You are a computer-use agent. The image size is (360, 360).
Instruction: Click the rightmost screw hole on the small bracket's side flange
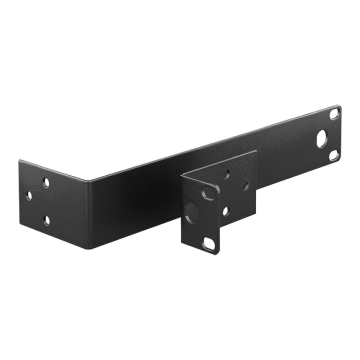coord(246,185)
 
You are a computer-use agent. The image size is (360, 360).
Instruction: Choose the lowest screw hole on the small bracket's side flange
coord(226,210)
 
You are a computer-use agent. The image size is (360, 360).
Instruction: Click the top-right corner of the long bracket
coord(340,105)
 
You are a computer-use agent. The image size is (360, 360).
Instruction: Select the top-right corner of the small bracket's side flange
coord(256,151)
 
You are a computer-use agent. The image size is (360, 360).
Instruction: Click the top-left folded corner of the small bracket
coord(181,174)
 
